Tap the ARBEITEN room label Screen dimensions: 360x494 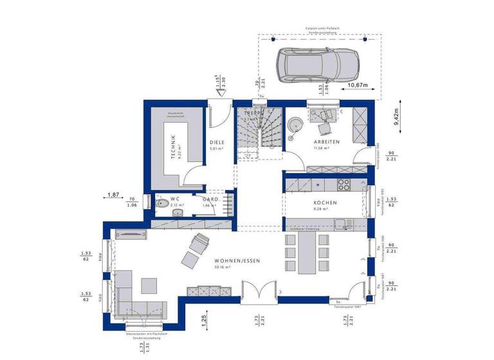tap(326, 141)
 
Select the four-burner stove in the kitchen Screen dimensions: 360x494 tap(344, 186)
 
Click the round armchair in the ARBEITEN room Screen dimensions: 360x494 tap(297, 124)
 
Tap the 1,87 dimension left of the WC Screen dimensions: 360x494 tap(113, 194)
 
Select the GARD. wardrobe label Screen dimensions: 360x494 tap(211, 200)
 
